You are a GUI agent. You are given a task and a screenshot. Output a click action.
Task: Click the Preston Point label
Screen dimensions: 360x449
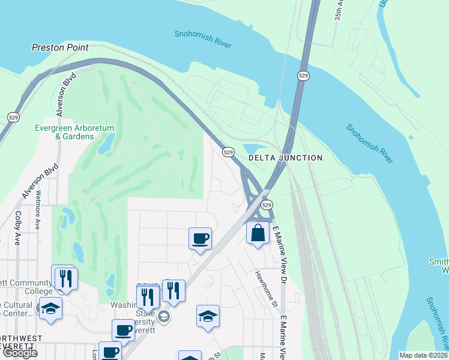point(60,47)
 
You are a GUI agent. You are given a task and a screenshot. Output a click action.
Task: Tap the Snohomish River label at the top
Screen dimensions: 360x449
point(203,34)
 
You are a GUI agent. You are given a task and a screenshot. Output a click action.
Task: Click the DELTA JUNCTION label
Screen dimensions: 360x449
point(286,158)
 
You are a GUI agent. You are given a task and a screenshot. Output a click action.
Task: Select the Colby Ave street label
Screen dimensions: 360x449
point(18,228)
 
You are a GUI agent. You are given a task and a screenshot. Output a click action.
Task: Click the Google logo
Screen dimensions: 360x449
point(20,353)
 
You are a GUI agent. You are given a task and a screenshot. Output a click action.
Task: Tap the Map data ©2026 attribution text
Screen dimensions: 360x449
point(424,355)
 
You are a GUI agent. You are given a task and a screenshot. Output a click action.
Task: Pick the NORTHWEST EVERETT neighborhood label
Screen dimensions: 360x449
point(21,343)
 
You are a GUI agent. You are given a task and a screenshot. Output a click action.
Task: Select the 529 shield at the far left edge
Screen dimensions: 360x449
point(12,116)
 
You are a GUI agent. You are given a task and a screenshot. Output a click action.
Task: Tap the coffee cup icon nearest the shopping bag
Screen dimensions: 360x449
point(200,238)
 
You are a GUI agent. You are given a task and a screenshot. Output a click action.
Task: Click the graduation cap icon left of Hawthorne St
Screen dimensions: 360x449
point(208,316)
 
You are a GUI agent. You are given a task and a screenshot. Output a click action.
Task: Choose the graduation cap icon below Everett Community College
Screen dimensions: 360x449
point(51,308)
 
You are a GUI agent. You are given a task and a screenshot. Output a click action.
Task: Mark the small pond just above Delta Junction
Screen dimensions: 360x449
point(255,149)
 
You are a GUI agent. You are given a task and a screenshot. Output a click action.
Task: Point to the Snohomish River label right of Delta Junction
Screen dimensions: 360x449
point(369,143)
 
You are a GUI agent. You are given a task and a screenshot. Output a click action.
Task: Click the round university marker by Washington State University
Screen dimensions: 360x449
point(164,316)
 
